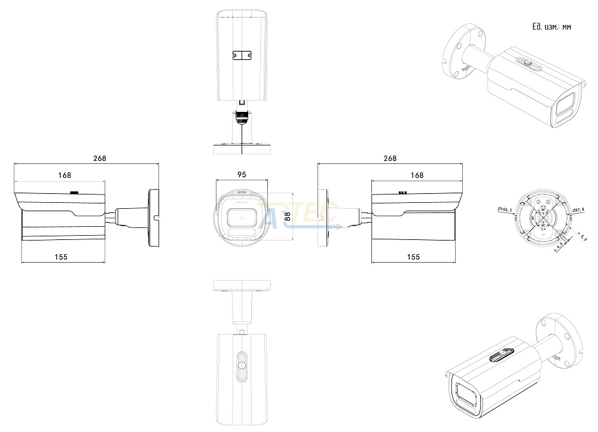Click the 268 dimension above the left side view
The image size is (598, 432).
99,159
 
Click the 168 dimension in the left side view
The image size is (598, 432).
65,175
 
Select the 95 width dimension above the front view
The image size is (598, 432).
242,175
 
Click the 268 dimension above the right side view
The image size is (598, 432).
389,159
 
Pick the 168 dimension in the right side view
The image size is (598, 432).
417,175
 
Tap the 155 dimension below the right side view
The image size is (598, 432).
413,256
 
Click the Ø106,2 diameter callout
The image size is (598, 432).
504,209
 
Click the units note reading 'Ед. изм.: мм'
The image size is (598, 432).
551,27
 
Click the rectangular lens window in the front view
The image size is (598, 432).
242,219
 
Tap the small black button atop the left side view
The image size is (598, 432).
74,193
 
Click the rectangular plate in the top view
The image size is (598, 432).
242,55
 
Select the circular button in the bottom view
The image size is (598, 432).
242,365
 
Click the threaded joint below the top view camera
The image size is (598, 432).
242,115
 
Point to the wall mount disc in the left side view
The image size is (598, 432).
154,218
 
